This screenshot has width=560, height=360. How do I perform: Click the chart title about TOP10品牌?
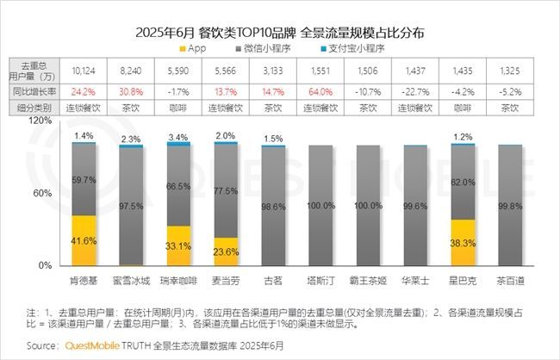(x=279, y=34)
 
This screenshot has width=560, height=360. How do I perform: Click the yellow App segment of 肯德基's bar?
(x=84, y=240)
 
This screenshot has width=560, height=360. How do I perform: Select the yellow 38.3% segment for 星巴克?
(x=463, y=243)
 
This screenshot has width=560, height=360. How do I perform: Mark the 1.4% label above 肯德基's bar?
(x=84, y=136)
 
